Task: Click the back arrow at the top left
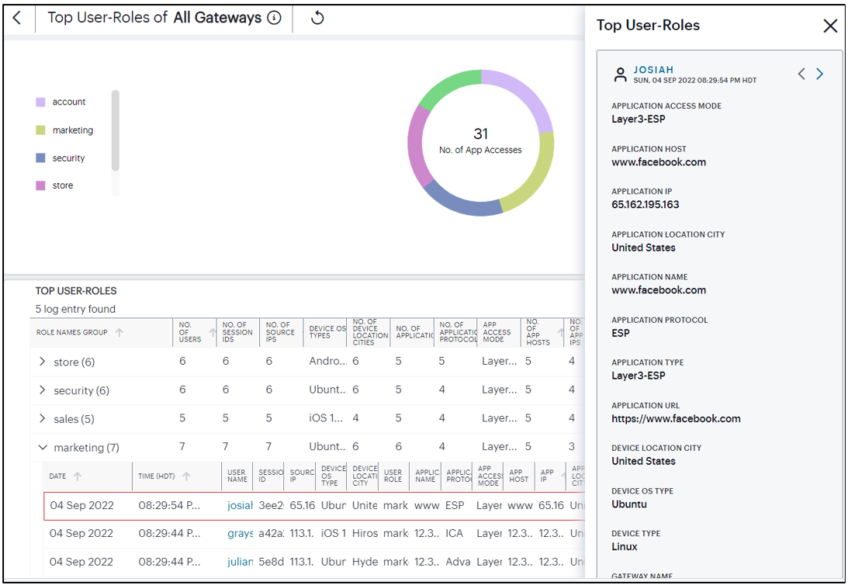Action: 17,18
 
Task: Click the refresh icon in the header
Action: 317,18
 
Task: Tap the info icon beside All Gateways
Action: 274,18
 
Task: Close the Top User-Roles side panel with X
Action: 829,26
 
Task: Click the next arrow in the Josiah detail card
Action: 819,74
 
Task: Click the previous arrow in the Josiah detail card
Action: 801,74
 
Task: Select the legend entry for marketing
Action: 72,130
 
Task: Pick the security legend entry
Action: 68,158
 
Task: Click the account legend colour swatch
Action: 40,102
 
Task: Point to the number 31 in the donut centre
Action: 480,134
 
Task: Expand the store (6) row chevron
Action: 43,362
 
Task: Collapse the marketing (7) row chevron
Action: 43,448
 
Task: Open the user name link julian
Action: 240,562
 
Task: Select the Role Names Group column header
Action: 74,333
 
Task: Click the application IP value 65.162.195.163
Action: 645,205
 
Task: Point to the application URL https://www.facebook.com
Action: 676,419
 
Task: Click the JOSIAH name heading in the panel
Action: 653,70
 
